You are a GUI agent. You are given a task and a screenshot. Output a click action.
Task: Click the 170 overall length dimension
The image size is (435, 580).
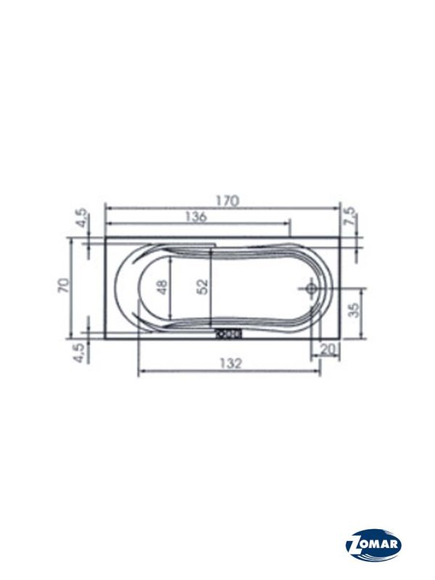click(228, 201)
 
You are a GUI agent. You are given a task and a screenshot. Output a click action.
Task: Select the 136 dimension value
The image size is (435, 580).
click(196, 216)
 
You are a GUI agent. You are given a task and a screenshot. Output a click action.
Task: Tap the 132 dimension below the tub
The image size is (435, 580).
click(231, 364)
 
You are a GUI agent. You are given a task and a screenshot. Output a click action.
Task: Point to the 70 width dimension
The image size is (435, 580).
click(63, 285)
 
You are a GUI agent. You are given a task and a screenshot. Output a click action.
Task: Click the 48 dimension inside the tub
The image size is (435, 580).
click(162, 287)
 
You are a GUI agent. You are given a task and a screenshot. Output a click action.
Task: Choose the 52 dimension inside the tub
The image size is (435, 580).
click(202, 287)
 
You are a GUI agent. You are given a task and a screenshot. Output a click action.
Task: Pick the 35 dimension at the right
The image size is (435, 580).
click(354, 310)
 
